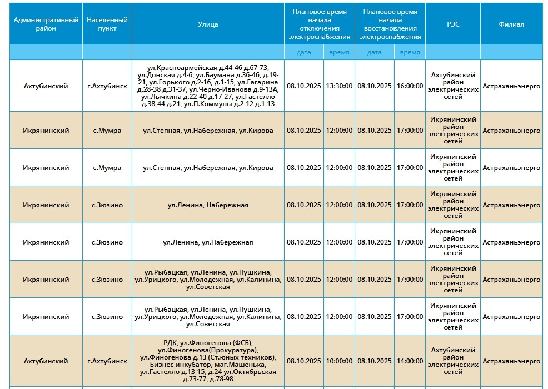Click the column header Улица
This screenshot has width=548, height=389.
tap(208, 24)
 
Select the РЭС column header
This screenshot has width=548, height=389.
tap(453, 24)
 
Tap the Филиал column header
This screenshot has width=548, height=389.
tap(511, 24)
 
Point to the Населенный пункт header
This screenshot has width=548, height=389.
tap(107, 24)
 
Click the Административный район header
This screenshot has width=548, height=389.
tap(46, 24)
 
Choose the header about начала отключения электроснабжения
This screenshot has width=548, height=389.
tap(320, 24)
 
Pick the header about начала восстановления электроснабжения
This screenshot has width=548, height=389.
tap(390, 24)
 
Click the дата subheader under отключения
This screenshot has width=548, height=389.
tap(304, 52)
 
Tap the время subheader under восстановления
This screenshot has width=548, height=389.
tap(410, 52)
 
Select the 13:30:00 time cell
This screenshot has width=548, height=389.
tap(339, 86)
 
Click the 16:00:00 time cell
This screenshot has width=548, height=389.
tap(410, 86)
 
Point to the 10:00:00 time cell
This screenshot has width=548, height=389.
tap(339, 361)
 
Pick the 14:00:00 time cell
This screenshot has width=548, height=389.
tap(410, 361)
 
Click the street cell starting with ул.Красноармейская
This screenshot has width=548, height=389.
tap(208, 86)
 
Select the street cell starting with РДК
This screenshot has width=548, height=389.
tap(208, 361)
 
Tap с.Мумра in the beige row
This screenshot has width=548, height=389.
tap(107, 131)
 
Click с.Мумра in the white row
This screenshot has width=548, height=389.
tap(107, 168)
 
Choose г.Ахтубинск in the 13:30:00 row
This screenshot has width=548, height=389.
tap(107, 86)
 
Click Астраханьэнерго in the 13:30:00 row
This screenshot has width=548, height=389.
tap(511, 86)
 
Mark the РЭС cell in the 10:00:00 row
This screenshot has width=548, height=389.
tap(453, 361)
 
